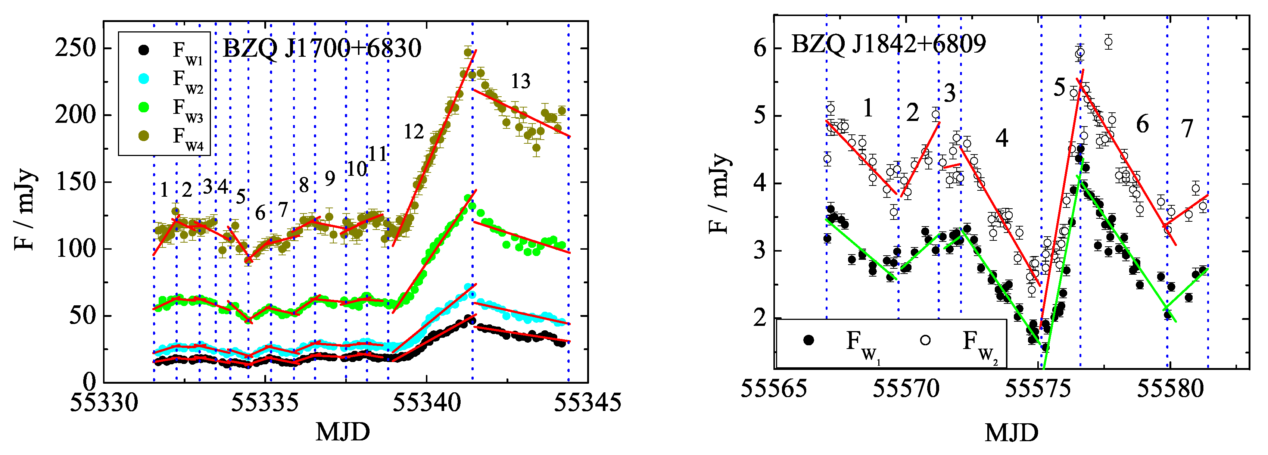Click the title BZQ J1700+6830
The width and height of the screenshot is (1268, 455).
click(x=322, y=48)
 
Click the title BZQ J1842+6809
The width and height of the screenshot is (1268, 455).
click(x=888, y=44)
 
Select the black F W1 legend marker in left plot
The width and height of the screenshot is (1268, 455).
click(x=144, y=50)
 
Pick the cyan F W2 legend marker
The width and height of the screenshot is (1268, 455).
click(x=144, y=79)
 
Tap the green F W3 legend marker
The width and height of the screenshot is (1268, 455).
click(x=144, y=107)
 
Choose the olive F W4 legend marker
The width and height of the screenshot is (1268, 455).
click(x=144, y=136)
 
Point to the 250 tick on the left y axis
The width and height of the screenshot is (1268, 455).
click(x=75, y=48)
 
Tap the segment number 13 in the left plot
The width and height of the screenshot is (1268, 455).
click(x=520, y=81)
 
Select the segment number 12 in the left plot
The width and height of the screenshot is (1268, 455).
click(x=414, y=132)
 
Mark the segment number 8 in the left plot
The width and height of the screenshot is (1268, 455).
click(x=304, y=186)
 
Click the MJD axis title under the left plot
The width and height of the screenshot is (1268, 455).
click(x=343, y=432)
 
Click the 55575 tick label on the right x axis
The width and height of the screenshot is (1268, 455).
click(x=1038, y=389)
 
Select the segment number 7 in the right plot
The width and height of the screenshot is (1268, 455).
click(x=1187, y=129)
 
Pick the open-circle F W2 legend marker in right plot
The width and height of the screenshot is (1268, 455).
click(x=925, y=340)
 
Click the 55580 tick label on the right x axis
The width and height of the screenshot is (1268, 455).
click(x=1170, y=389)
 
